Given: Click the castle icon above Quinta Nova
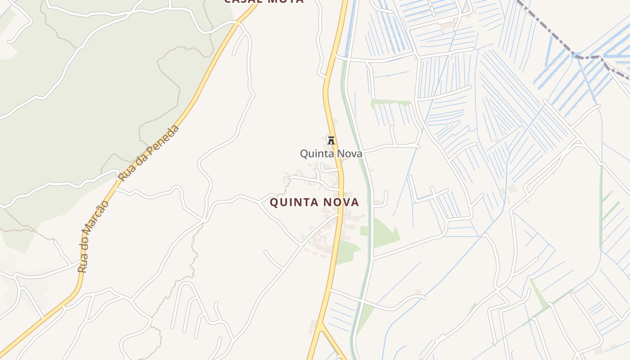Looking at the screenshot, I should [x=331, y=140].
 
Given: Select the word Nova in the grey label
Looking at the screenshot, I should [x=347, y=154].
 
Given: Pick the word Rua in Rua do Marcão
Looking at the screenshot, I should [x=82, y=265].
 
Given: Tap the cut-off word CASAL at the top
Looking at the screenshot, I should [x=243, y=1].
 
